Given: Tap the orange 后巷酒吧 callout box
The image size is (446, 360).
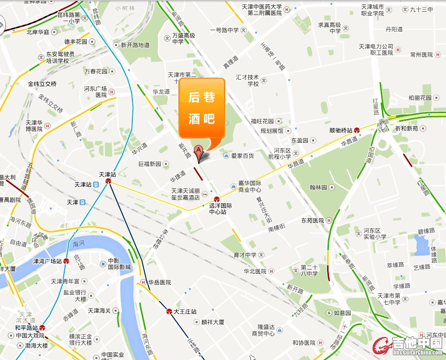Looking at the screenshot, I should click(x=202, y=107).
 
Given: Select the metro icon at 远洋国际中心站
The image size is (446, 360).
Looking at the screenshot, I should click(x=217, y=199).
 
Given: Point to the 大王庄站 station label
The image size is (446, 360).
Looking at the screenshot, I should click(x=185, y=312).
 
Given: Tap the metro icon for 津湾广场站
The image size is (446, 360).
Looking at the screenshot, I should click(x=66, y=261).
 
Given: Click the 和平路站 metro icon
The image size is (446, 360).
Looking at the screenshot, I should click(x=42, y=328).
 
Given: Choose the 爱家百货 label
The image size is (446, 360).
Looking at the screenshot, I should click(x=243, y=156).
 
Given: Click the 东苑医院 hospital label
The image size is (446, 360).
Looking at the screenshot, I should click(x=313, y=221).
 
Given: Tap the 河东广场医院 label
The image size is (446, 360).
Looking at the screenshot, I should click(x=95, y=92).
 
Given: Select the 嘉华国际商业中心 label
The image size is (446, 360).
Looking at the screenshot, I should click(x=249, y=186).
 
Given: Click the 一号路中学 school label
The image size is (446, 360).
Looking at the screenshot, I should click(x=224, y=30).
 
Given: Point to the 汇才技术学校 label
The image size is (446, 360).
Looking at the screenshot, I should click(x=247, y=80).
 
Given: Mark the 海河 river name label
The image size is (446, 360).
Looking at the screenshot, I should click(x=78, y=245).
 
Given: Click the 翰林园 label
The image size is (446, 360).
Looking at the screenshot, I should click(x=318, y=187).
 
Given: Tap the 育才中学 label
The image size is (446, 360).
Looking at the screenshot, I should click(x=245, y=255).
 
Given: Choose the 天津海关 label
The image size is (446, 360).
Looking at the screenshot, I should click(x=100, y=311).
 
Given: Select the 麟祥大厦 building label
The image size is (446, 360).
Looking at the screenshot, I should click(x=213, y=322).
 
